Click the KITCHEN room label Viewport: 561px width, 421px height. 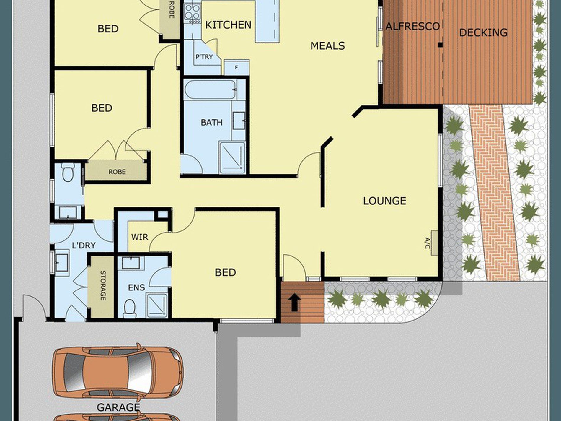[228, 25]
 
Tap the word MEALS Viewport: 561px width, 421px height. [327, 46]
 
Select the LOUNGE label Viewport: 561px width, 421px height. [384, 201]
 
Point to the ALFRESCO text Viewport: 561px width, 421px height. [412, 27]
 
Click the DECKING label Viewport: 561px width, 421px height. [483, 32]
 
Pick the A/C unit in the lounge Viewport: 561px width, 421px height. [434, 243]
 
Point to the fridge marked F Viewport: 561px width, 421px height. [236, 67]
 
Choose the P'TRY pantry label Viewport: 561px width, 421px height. [204, 57]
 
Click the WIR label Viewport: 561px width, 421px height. [140, 237]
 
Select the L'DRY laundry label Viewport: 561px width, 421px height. [84, 245]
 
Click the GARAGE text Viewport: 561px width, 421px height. [118, 407]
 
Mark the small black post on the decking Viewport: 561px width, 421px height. [440, 45]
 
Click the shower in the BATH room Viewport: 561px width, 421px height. [232, 157]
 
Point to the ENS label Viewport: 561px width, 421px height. [136, 287]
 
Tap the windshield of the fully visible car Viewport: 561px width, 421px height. [140, 371]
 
